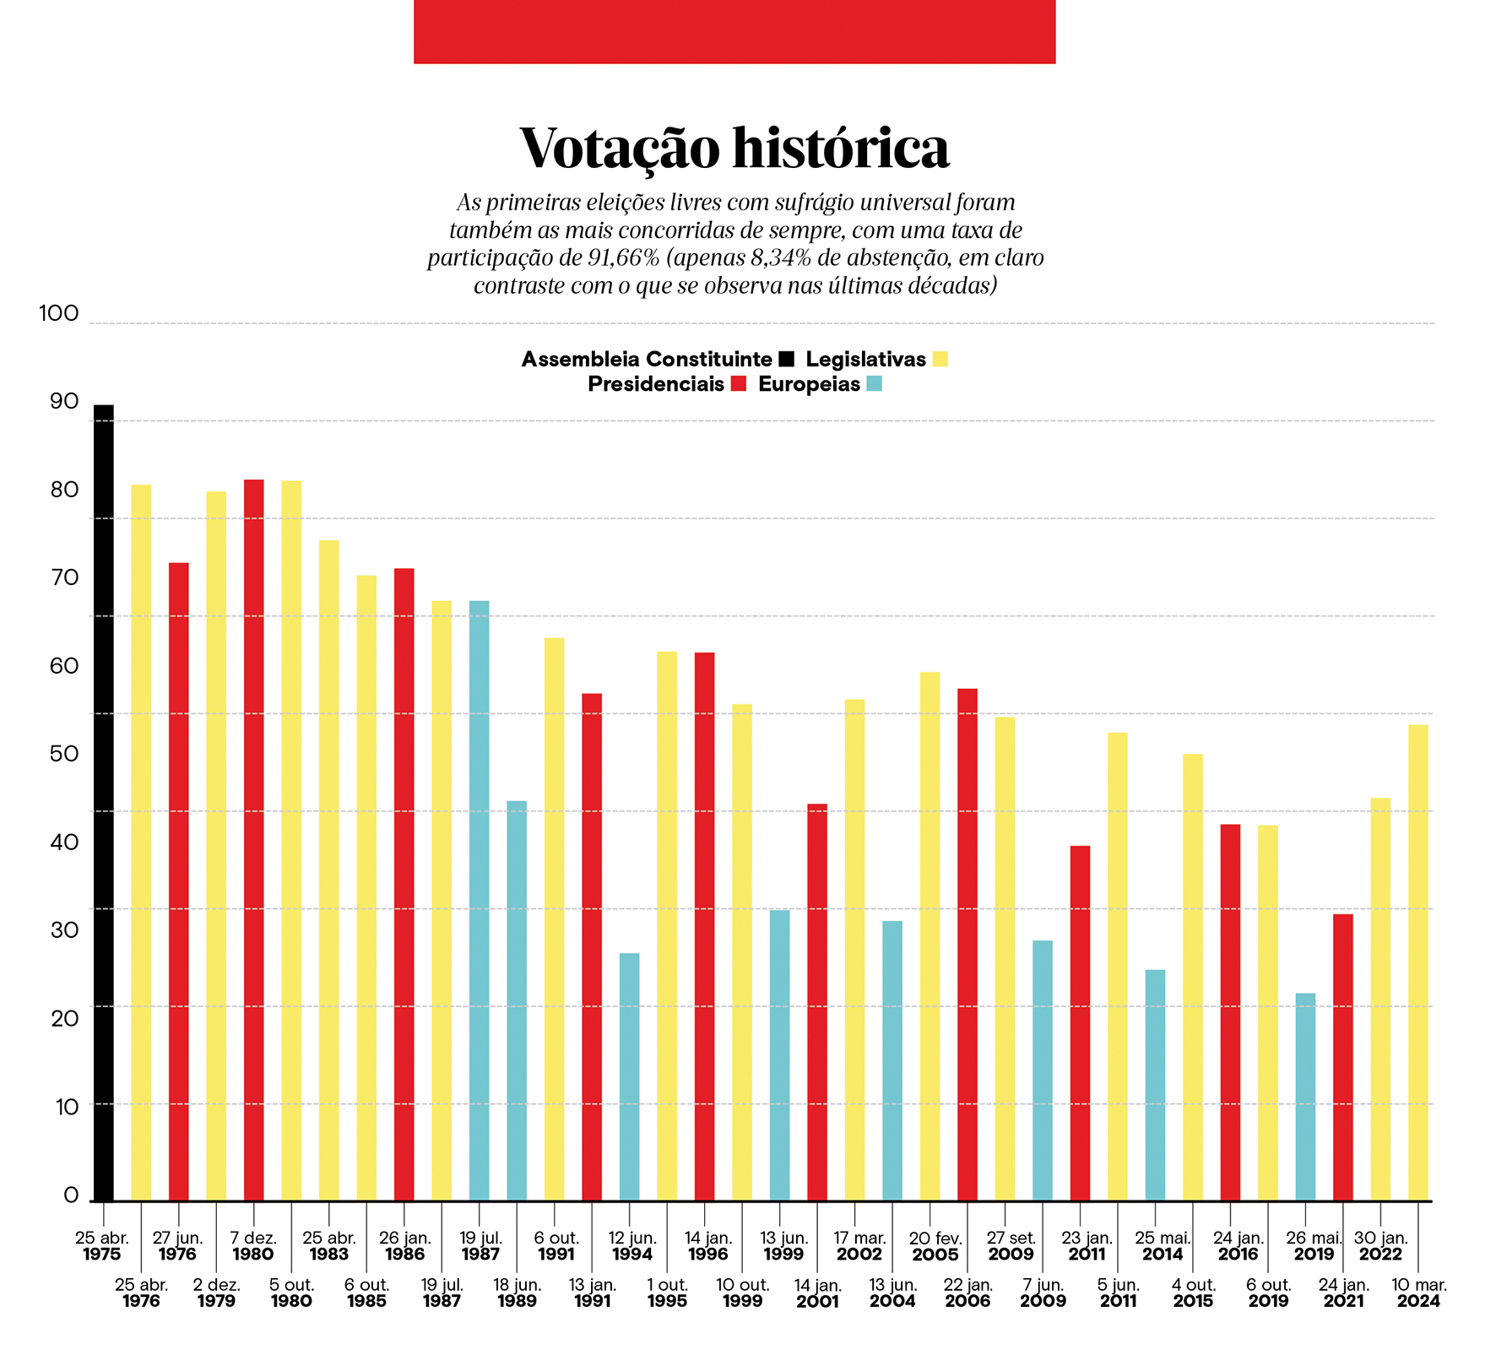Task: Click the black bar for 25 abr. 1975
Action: click(x=103, y=803)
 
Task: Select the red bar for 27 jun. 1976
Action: click(x=178, y=881)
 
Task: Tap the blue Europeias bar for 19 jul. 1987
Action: click(x=479, y=901)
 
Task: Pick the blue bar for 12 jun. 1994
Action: click(x=629, y=1077)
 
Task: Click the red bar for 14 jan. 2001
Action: click(x=817, y=1002)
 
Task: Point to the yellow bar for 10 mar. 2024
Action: click(x=1418, y=962)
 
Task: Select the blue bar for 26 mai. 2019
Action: click(x=1305, y=1097)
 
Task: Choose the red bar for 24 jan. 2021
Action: click(x=1343, y=1057)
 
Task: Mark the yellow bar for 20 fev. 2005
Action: click(x=930, y=936)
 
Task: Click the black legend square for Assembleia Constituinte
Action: click(x=787, y=359)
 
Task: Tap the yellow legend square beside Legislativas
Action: click(x=940, y=359)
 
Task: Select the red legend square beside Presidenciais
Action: click(x=739, y=384)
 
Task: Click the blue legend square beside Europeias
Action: click(x=875, y=384)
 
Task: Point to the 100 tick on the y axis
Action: click(x=59, y=313)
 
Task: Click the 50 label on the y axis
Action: click(x=64, y=753)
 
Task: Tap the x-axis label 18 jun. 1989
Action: click(x=517, y=1293)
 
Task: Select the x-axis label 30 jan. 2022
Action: click(x=1380, y=1246)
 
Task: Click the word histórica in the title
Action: click(x=841, y=149)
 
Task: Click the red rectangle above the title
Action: click(x=734, y=31)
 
